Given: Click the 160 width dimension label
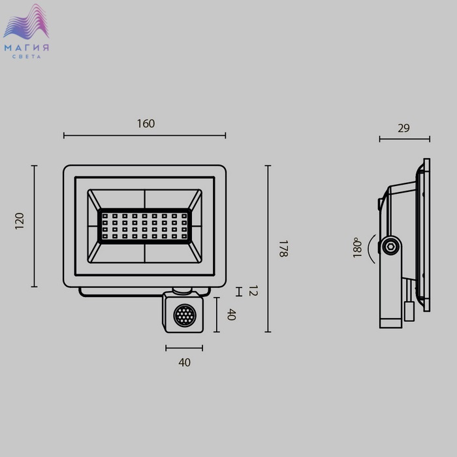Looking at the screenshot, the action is point(146,123).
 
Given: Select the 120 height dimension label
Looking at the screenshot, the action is point(20,221).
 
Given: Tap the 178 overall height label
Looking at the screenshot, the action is point(283,249).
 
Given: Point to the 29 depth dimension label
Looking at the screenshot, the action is point(403,128).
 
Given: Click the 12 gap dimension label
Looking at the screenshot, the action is point(253,291).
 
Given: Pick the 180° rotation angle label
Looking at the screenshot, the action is point(357,247).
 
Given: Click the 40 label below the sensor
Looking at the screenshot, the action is point(185,362).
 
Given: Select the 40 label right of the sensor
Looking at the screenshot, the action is point(231,315).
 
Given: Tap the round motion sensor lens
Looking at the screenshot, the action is point(185,315).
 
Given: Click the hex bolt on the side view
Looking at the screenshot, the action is point(390,247).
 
